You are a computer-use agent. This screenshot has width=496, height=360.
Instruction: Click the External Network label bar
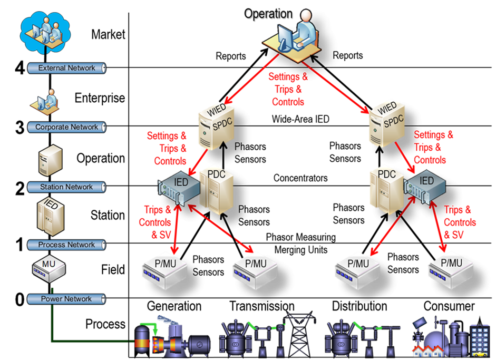66,68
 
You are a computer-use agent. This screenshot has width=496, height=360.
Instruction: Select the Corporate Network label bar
66,127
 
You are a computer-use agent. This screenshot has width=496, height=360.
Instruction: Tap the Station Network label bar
66,187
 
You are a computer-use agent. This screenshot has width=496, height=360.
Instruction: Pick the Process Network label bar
66,245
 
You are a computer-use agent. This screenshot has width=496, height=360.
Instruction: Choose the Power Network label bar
66,299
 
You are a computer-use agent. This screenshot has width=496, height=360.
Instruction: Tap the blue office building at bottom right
480,340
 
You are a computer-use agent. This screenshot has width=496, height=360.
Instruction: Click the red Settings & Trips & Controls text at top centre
288,89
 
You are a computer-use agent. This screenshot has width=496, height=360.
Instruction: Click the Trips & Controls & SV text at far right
459,222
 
